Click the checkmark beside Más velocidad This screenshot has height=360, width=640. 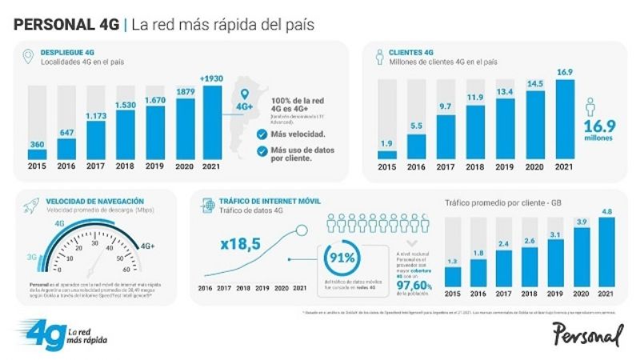(x=261, y=135)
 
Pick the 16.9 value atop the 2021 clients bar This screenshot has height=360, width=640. (x=566, y=73)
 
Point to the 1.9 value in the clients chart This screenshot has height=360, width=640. (x=386, y=144)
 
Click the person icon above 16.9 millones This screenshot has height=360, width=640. (x=592, y=110)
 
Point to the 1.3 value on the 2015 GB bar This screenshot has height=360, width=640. (x=453, y=261)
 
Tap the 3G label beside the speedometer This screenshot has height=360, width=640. (x=30, y=258)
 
